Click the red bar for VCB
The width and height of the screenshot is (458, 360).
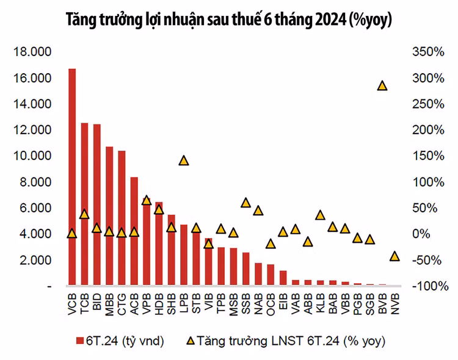pos(72,177)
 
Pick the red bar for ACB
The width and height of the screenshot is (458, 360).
pos(134,231)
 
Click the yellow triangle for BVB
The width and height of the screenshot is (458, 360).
pos(382,85)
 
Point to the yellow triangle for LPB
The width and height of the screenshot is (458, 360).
pos(183,160)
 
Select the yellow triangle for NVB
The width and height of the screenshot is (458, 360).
pos(394,256)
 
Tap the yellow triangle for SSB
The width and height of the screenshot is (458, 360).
pos(245,203)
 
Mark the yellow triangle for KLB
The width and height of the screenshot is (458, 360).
pos(320,215)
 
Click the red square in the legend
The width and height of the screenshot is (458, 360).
pos(79,340)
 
